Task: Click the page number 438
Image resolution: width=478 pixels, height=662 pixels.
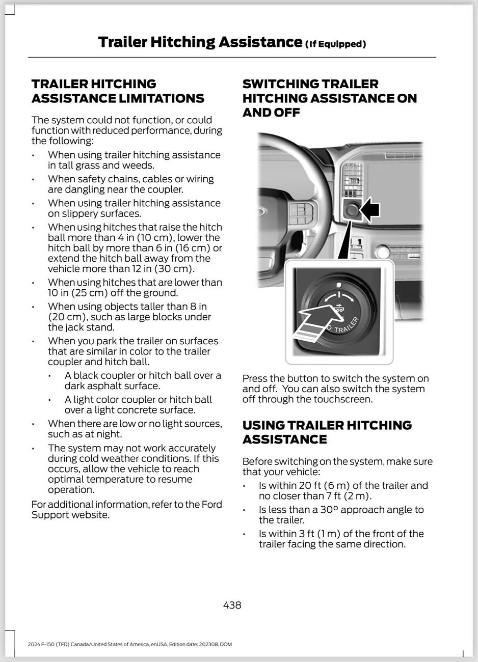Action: (232, 605)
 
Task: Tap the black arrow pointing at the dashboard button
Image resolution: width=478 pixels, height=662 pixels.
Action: (371, 209)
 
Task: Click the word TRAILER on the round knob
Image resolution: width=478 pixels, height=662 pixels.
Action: (347, 324)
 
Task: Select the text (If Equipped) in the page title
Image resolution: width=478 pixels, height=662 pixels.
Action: (335, 44)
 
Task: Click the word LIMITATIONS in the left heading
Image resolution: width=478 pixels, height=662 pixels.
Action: (161, 98)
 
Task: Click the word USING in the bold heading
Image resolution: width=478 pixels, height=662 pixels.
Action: (263, 425)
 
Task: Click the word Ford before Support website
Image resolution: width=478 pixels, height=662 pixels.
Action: (211, 504)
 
